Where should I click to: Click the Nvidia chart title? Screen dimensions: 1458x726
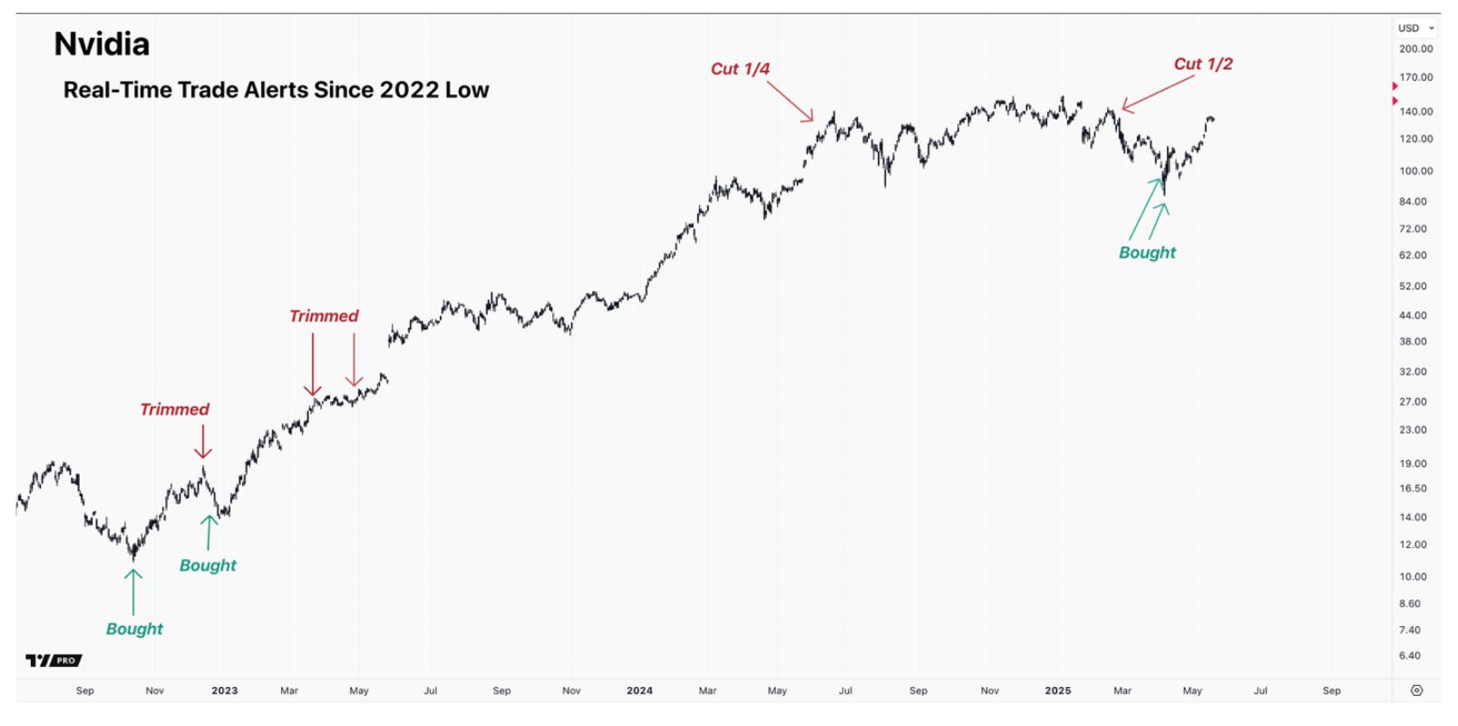(x=102, y=44)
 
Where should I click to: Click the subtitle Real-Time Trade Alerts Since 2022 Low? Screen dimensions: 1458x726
(x=276, y=90)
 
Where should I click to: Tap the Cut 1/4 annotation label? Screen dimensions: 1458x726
(x=740, y=69)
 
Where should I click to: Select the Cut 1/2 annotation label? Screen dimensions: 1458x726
(x=1203, y=64)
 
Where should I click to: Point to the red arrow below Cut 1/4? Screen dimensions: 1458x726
(x=790, y=101)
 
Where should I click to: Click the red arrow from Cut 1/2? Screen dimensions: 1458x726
(x=1158, y=93)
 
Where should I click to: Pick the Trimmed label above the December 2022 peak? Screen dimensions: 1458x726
(x=174, y=409)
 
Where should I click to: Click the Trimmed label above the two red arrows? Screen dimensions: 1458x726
(x=324, y=316)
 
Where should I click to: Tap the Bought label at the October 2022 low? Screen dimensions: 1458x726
(x=134, y=629)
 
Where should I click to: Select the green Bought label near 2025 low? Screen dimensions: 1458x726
(x=1147, y=253)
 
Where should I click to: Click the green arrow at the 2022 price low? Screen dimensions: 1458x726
(x=133, y=592)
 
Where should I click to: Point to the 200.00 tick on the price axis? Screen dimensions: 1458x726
(x=1415, y=49)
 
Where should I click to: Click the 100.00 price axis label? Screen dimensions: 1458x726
(x=1415, y=171)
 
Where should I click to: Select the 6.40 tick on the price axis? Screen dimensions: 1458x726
(x=1409, y=655)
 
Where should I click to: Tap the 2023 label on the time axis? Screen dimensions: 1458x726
(x=225, y=691)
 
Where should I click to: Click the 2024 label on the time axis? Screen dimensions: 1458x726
(x=639, y=691)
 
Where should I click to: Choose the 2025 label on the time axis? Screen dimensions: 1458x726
(x=1058, y=691)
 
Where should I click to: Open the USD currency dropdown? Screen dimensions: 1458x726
(x=1415, y=28)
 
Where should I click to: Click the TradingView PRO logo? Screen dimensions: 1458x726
(x=54, y=661)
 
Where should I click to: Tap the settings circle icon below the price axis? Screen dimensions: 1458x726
(x=1416, y=691)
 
